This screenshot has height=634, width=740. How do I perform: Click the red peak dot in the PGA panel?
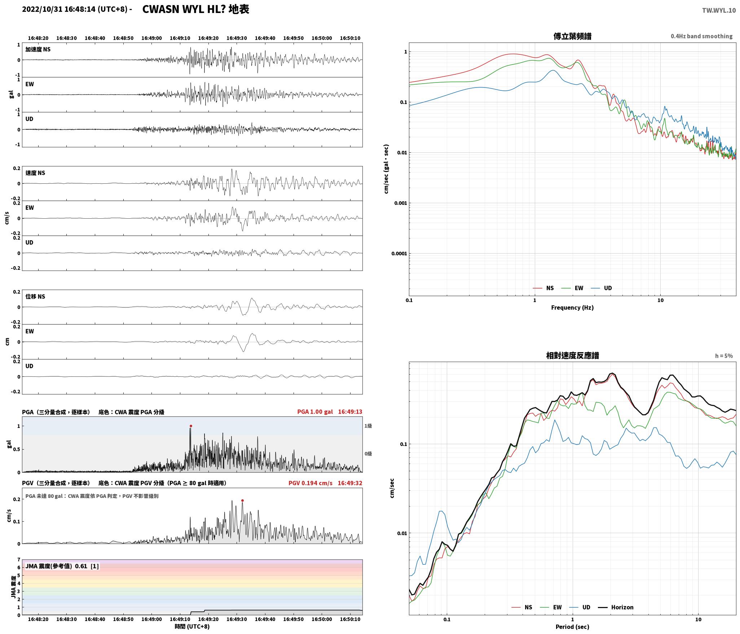191,426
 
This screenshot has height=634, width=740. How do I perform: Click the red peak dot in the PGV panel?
242,500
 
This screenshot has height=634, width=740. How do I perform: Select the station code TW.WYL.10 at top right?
719,10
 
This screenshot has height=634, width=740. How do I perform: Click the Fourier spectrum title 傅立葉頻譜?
572,36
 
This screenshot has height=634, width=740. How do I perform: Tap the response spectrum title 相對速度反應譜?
572,356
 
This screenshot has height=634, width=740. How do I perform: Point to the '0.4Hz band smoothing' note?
701,36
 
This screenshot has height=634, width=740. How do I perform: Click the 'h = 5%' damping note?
724,356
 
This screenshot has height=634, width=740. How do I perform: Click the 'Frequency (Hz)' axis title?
572,307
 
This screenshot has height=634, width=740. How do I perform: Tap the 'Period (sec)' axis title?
572,626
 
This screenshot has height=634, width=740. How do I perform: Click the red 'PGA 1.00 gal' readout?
315,411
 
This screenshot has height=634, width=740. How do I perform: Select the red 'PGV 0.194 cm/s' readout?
310,483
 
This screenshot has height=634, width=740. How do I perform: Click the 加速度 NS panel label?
38,49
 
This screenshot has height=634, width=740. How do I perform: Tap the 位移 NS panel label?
35,296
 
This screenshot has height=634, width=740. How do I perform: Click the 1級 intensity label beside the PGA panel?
368,426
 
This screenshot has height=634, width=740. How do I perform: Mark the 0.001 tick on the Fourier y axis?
400,203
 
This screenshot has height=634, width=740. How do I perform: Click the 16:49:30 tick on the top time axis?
237,38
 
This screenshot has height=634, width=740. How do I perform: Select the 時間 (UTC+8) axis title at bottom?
192,626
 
